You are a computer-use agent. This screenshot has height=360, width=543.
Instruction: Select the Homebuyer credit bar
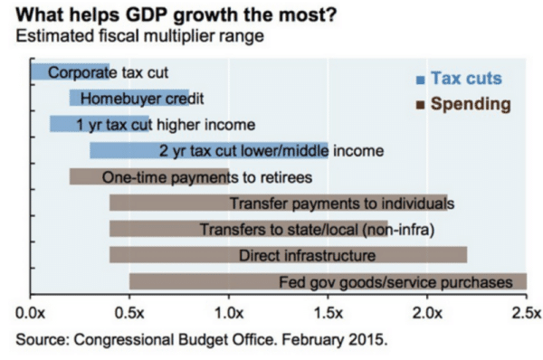coord(129,98)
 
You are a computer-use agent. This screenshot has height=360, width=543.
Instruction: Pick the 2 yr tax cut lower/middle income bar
coord(208,150)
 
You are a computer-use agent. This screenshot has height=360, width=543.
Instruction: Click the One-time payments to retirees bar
coord(148,176)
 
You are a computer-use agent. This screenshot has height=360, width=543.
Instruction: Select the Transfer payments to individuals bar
coord(279,204)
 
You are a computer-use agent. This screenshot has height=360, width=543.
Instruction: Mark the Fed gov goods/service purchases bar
coord(328,282)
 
